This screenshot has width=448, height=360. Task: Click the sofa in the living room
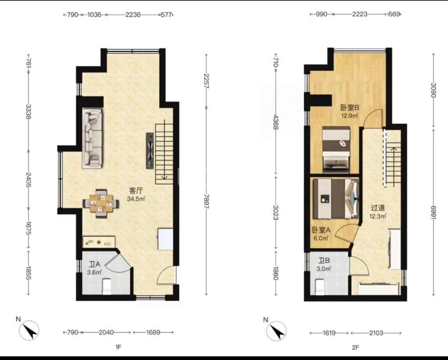[x=93, y=138]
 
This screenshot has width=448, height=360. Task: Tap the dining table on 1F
[x=101, y=204]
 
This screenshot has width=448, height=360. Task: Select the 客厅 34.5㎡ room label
[x=136, y=194]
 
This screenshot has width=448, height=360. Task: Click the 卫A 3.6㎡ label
[x=94, y=268]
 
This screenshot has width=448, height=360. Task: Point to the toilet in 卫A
[x=107, y=287]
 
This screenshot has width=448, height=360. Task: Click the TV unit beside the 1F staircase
[x=150, y=151]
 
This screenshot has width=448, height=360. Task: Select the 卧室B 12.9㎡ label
[x=350, y=112]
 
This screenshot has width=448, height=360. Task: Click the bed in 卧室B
[x=336, y=150]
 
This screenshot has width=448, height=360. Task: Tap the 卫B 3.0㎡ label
[x=324, y=264]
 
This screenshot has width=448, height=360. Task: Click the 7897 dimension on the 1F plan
[x=207, y=202]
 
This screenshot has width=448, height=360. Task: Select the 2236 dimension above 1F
[x=133, y=14]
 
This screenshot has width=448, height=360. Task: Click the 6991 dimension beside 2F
[x=434, y=212]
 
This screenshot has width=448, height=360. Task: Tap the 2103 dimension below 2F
[x=376, y=333]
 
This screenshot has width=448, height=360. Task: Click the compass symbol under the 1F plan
[x=29, y=330]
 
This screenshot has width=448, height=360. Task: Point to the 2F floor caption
[x=355, y=347]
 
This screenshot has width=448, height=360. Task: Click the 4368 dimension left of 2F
[x=275, y=122]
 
